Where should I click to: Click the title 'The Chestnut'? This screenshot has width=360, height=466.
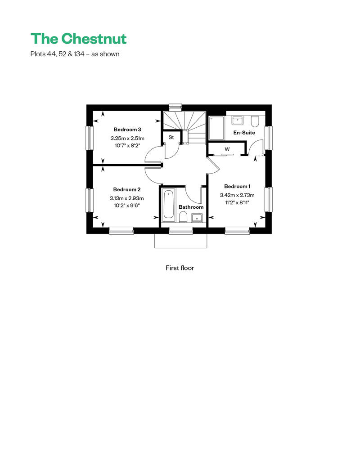pyautogui.click(x=78, y=39)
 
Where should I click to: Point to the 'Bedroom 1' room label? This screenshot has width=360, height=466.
pyautogui.click(x=237, y=186)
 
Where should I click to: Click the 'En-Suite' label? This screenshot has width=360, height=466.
pyautogui.click(x=244, y=133)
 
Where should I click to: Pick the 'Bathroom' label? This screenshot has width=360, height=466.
pyautogui.click(x=191, y=207)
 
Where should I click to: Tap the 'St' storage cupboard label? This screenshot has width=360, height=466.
pyautogui.click(x=171, y=137)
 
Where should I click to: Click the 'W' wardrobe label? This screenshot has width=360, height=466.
pyautogui.click(x=227, y=149)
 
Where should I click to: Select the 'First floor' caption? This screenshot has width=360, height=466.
pyautogui.click(x=180, y=268)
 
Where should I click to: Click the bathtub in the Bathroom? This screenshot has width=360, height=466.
pyautogui.click(x=168, y=205)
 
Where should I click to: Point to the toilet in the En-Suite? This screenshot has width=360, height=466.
pyautogui.click(x=255, y=122)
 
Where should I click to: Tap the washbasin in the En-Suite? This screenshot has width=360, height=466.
pyautogui.click(x=238, y=120)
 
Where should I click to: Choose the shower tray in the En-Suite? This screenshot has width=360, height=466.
pyautogui.click(x=217, y=129)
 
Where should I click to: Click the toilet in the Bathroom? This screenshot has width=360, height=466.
pyautogui.click(x=183, y=218)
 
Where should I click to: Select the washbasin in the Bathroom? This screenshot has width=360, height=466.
pyautogui.click(x=197, y=218)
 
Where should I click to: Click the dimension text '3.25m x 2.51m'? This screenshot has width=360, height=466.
pyautogui.click(x=127, y=139)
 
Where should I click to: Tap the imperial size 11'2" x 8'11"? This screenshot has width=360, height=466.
pyautogui.click(x=237, y=203)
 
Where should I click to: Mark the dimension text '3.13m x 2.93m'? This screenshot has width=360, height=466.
pyautogui.click(x=127, y=198)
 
